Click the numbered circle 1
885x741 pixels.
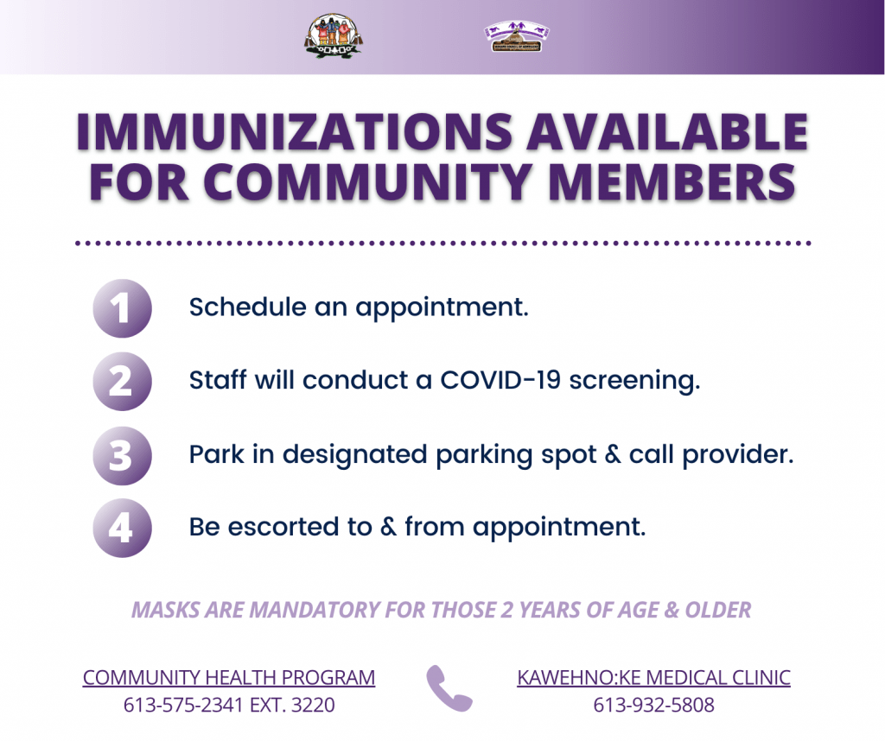click(122, 308)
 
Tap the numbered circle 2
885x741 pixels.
click(122, 381)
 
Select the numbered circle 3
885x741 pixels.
click(122, 455)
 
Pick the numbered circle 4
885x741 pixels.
click(122, 528)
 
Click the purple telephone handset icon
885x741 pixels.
click(449, 688)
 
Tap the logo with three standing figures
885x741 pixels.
click(334, 35)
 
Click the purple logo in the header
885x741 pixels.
click(517, 36)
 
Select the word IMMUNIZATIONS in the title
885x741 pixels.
click(295, 132)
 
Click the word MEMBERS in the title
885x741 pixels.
click(672, 182)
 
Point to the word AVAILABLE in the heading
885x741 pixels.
click(667, 132)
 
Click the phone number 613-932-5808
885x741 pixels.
click(653, 705)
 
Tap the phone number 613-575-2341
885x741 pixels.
click(183, 705)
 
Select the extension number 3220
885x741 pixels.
click(313, 705)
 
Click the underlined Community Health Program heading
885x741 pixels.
click(229, 677)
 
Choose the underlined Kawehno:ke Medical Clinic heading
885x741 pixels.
click(653, 677)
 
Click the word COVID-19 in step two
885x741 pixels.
click(500, 379)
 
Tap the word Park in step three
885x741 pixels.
click(217, 454)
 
